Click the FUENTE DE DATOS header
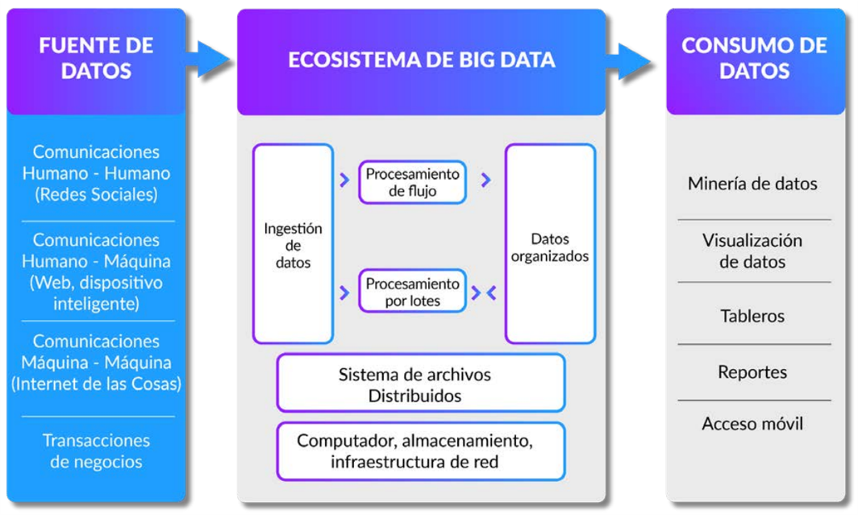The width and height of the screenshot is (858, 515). coord(96,58)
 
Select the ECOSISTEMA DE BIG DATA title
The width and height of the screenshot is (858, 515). coord(421,60)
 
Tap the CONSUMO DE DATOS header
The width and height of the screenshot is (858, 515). coord(754,58)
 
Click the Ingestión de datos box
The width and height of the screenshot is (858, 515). coord(293,244)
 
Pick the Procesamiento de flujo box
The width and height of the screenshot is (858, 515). coord(412,183)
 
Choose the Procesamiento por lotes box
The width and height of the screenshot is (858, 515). coord(412,293)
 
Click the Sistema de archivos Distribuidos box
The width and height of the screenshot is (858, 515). coord(420,384)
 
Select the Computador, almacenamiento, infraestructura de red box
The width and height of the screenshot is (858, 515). coord(420,451)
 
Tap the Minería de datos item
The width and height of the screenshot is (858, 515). coord(752,184)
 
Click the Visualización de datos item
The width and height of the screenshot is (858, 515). coord(752,251)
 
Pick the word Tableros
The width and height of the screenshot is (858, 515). coord(752,315)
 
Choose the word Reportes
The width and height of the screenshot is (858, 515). coord(752,372)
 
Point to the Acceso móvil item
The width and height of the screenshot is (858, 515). coord(752,424)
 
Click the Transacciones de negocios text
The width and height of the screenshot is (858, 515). coord(96,451)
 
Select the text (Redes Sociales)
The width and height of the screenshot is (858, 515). coord(96,194)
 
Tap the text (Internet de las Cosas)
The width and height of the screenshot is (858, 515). coord(96,384)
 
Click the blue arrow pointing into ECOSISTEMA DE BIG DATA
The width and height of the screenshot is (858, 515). coord(212,60)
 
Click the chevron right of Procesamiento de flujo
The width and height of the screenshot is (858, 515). coord(485,181)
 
